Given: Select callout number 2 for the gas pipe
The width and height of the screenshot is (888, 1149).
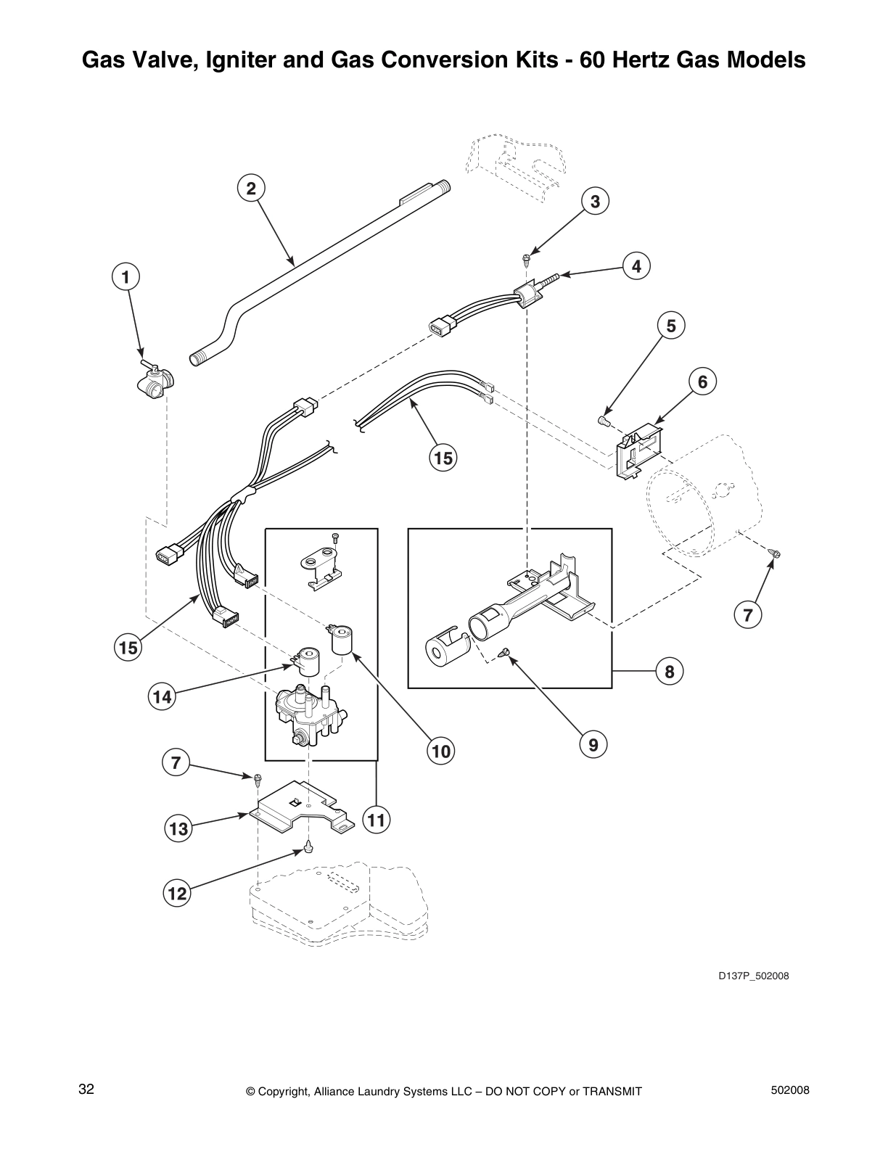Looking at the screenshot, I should (x=250, y=189).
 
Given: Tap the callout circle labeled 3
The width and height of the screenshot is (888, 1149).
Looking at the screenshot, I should (x=595, y=202).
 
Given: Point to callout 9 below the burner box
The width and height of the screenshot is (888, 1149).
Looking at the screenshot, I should (x=593, y=744).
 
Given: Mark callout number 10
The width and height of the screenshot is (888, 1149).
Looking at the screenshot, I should (x=441, y=751).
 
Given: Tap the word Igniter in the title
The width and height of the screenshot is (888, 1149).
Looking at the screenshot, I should (x=237, y=59).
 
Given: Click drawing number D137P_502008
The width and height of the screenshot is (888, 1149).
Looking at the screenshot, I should (x=754, y=976).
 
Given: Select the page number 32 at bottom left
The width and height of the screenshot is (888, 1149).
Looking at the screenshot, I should (x=86, y=1090).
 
